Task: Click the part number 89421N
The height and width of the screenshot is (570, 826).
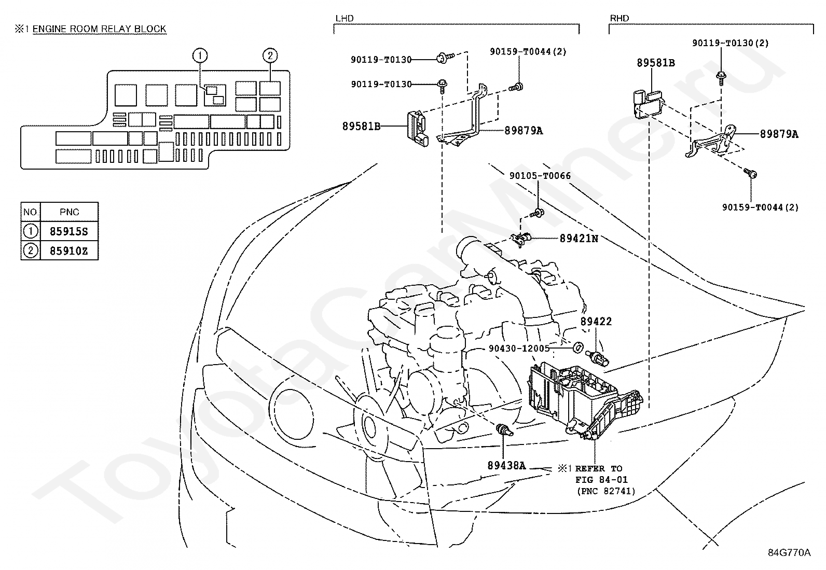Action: (579, 239)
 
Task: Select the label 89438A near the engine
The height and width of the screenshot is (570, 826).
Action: (506, 466)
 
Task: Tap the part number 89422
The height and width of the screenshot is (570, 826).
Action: (596, 322)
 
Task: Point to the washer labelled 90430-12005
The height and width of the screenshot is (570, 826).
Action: (578, 347)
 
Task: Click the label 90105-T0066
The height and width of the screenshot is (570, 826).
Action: (540, 176)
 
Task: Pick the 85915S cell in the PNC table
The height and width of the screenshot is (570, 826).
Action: (69, 231)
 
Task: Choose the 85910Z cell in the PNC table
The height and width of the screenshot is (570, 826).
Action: (69, 251)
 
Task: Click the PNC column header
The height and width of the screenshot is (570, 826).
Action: (69, 212)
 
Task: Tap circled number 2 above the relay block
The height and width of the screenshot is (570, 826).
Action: (270, 55)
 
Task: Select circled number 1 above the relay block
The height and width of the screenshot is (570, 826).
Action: (200, 55)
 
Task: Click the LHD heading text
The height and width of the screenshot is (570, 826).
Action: (345, 18)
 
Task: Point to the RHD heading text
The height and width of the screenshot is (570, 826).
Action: (619, 18)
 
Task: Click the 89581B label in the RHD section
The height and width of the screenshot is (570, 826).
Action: (656, 63)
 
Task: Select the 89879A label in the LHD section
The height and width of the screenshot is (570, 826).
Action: (524, 131)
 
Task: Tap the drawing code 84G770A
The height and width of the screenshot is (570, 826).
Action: (789, 552)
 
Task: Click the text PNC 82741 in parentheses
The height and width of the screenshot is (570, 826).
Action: (606, 491)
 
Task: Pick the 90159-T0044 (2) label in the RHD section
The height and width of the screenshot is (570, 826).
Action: (760, 207)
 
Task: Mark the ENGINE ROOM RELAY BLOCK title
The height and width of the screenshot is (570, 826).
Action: (99, 29)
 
